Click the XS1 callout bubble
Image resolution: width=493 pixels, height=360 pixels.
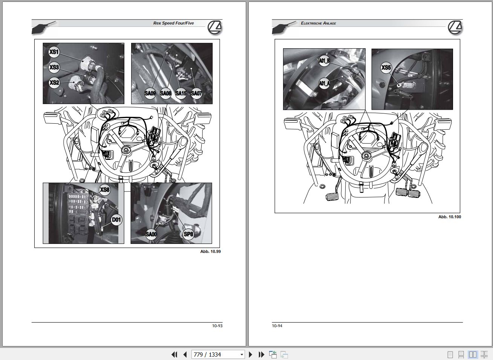pyautogui.click(x=54, y=52)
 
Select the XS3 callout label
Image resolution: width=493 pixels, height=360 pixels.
pyautogui.click(x=54, y=67)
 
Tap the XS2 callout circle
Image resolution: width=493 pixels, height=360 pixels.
pyautogui.click(x=54, y=83)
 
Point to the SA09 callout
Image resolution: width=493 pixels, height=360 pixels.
pyautogui.click(x=150, y=93)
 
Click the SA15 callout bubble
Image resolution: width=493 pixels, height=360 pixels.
pyautogui.click(x=181, y=93)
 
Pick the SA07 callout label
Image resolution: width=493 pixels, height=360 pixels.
pyautogui.click(x=196, y=93)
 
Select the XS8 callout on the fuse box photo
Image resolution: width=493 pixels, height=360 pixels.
pyautogui.click(x=104, y=190)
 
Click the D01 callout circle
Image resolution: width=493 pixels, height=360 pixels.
pyautogui.click(x=116, y=220)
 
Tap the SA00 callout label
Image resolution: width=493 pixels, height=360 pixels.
pyautogui.click(x=151, y=234)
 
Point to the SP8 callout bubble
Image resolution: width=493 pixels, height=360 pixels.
pyautogui.click(x=188, y=234)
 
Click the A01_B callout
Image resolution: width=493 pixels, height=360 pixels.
pyautogui.click(x=324, y=61)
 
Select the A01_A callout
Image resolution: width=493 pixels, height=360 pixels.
pyautogui.click(x=324, y=83)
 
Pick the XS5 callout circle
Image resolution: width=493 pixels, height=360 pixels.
pyautogui.click(x=386, y=67)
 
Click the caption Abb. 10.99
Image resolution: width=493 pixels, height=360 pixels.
pyautogui.click(x=210, y=251)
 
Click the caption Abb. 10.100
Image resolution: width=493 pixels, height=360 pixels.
pyautogui.click(x=450, y=217)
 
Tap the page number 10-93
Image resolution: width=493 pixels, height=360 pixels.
pyautogui.click(x=217, y=326)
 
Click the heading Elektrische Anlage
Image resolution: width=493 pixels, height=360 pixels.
pyautogui.click(x=318, y=23)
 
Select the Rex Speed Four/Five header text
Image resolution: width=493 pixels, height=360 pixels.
pyautogui.click(x=174, y=23)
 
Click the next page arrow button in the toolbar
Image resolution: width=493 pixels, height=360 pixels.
pyautogui.click(x=251, y=354)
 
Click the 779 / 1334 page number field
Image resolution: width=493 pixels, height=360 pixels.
pyautogui.click(x=218, y=354)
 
